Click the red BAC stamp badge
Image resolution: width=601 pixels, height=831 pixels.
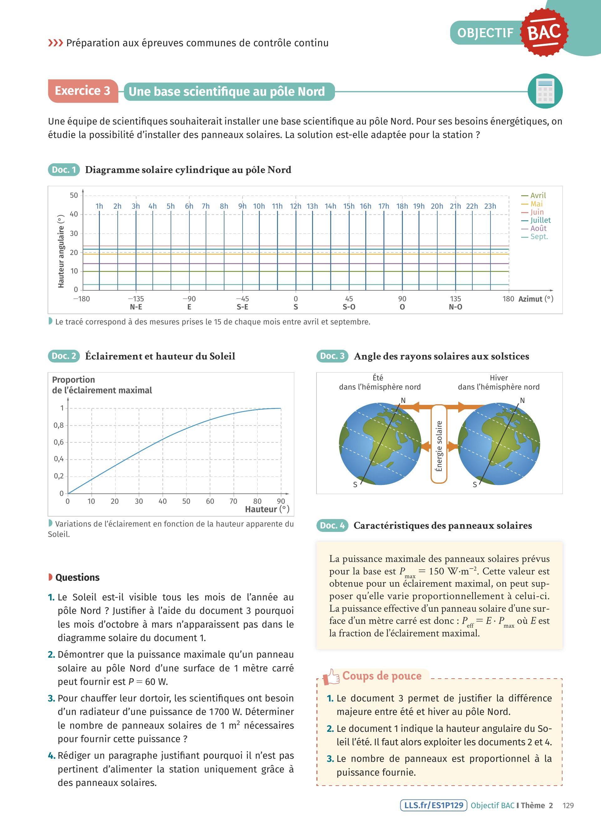point(545,32)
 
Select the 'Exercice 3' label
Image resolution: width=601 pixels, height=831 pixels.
point(83,91)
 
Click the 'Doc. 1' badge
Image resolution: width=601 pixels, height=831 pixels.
point(64,170)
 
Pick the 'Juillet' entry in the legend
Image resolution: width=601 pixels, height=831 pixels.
point(540,220)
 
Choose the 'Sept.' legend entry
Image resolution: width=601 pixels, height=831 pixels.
point(539,237)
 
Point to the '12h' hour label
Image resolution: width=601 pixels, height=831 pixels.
point(295,206)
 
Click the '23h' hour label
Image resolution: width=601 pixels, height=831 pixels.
point(490,206)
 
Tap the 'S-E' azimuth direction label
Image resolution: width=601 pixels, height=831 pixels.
point(242,307)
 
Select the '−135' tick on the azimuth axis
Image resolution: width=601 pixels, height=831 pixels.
point(136,299)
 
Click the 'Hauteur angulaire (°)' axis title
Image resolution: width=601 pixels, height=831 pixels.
point(61,251)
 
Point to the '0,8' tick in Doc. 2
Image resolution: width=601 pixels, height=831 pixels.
point(59,426)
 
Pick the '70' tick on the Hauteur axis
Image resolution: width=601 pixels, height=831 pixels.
point(234,501)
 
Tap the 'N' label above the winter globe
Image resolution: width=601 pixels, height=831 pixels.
point(522,400)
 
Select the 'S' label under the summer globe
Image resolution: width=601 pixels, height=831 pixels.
point(355,485)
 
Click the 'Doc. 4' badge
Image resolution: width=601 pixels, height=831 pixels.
point(332,525)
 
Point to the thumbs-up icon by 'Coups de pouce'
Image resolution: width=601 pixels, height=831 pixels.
point(331,677)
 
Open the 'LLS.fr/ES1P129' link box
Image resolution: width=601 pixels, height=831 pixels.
point(434,805)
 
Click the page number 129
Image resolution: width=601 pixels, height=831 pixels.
point(568,806)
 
